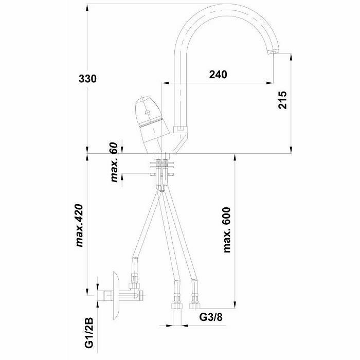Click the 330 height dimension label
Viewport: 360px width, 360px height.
[87, 79]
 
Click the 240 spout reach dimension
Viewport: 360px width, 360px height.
[218, 75]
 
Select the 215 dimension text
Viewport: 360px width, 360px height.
[283, 100]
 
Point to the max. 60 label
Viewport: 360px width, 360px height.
[114, 162]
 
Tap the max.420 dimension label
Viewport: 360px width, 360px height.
[79, 225]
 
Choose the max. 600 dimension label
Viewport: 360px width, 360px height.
[227, 230]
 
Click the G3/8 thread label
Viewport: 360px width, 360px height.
[211, 317]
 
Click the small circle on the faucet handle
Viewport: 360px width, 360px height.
[147, 113]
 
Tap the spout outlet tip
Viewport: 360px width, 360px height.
[273, 52]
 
